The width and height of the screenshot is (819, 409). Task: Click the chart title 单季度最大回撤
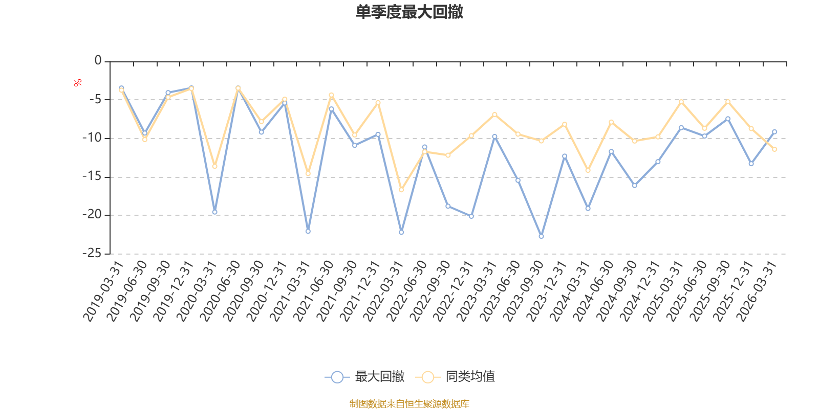(409, 12)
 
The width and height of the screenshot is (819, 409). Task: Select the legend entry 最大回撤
(364, 376)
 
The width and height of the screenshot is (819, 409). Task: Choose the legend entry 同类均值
(455, 376)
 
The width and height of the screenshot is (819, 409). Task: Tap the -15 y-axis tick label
(92, 176)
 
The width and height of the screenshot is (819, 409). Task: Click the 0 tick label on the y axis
(98, 60)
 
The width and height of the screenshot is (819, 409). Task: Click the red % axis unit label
(77, 83)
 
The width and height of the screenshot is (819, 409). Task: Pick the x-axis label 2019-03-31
(103, 291)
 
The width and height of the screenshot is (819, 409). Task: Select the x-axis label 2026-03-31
(757, 291)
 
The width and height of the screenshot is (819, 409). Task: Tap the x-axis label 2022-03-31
(383, 291)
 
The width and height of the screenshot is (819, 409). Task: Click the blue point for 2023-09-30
(541, 236)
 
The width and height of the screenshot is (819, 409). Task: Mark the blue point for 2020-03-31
(214, 212)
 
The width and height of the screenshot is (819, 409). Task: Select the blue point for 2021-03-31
(308, 231)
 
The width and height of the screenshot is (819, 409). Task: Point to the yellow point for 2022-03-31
(401, 190)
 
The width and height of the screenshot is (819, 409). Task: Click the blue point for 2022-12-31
(471, 216)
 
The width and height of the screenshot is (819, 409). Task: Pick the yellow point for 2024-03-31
(588, 171)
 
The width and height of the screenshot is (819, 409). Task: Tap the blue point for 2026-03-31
(774, 132)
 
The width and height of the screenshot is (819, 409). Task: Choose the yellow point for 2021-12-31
(378, 103)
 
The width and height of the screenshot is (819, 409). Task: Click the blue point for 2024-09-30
(635, 186)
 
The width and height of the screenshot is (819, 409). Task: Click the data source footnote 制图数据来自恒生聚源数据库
(409, 403)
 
